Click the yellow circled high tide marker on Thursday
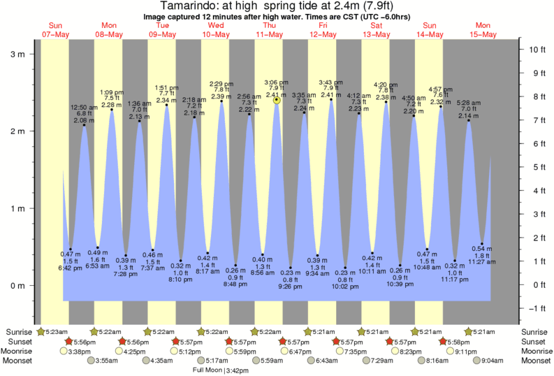pyautogui.click(x=277, y=100)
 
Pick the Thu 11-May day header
pyautogui.click(x=269, y=30)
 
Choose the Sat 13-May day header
pyautogui.click(x=376, y=30)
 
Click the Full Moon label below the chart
pyautogui.click(x=207, y=370)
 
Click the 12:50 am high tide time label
pyautogui.click(x=85, y=107)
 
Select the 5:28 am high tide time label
pyautogui.click(x=469, y=103)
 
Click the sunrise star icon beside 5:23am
pyautogui.click(x=41, y=331)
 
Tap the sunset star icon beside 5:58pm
pyautogui.click(x=444, y=341)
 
